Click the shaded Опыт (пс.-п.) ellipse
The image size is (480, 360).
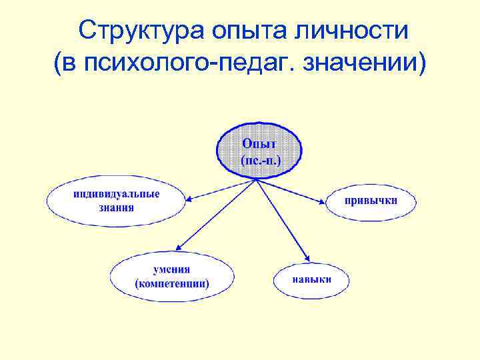259,151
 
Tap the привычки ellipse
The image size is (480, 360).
371,201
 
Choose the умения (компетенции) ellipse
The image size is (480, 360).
172,277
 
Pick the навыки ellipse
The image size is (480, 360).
311,279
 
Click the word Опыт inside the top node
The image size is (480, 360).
259,143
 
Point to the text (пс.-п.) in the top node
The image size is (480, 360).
259,160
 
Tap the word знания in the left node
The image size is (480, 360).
116,207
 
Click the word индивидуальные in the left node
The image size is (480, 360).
116,193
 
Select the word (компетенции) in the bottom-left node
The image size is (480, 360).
172,284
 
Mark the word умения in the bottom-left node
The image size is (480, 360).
172,269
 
